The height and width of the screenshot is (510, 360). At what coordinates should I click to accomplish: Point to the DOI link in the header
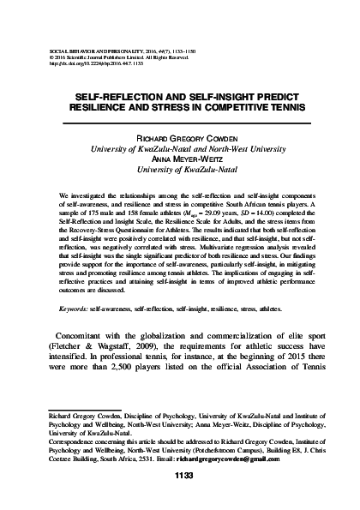[x=94, y=39]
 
